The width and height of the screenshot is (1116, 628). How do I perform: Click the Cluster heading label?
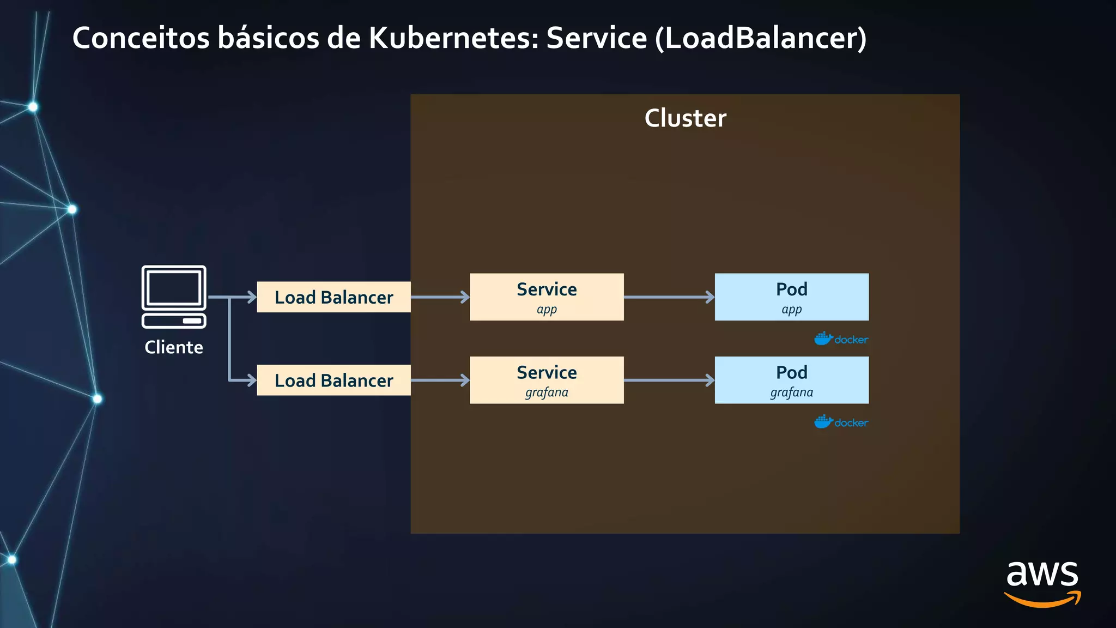pyautogui.click(x=685, y=118)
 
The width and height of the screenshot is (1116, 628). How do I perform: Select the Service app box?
pyautogui.click(x=547, y=297)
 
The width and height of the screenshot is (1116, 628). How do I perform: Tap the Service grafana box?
pyautogui.click(x=547, y=380)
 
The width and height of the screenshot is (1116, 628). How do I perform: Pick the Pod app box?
pyautogui.click(x=791, y=297)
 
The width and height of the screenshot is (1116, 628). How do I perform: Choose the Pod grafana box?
pyautogui.click(x=791, y=380)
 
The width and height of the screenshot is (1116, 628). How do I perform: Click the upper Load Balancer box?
pyautogui.click(x=333, y=297)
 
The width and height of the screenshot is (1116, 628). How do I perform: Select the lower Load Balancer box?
pyautogui.click(x=333, y=381)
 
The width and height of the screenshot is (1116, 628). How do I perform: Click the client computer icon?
pyautogui.click(x=174, y=297)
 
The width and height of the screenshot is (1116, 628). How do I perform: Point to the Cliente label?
pyautogui.click(x=174, y=347)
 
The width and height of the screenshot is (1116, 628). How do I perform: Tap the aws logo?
pyautogui.click(x=1042, y=583)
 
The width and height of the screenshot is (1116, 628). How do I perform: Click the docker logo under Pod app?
pyautogui.click(x=841, y=339)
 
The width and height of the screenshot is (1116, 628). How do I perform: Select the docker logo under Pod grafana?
pyautogui.click(x=841, y=422)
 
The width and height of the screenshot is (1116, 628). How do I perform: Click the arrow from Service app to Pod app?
pyautogui.click(x=669, y=297)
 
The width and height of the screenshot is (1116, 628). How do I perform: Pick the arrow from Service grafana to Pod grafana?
pyautogui.click(x=669, y=381)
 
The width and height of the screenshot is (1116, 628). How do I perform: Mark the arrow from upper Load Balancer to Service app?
pyautogui.click(x=440, y=297)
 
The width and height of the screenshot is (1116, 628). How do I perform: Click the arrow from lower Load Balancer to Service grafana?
pyautogui.click(x=440, y=381)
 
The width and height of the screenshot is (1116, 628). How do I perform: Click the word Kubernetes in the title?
pyautogui.click(x=453, y=38)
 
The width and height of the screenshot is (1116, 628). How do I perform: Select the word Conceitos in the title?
pyautogui.click(x=141, y=38)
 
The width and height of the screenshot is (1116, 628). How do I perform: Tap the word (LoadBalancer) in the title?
pyautogui.click(x=761, y=38)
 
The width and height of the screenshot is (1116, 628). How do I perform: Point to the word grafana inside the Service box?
pyautogui.click(x=547, y=392)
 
